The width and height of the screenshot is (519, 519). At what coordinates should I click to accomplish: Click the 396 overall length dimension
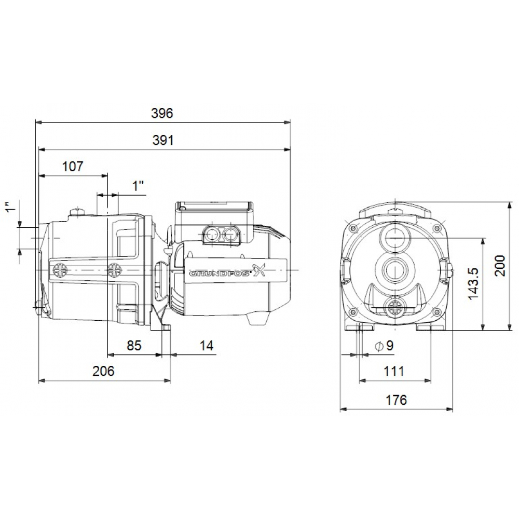coord(162,113)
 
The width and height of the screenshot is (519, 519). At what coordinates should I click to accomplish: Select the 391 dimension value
coord(162,140)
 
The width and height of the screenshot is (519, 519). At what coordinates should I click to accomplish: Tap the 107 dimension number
coord(73,167)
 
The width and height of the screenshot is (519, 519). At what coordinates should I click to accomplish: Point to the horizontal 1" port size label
coord(138,186)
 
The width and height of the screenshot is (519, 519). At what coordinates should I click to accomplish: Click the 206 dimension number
coord(103,371)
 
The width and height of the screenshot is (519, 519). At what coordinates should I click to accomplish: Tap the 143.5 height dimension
coord(473,284)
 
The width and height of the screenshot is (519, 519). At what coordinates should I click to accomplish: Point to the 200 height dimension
coord(499,265)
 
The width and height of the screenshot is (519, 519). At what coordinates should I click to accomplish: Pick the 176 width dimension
coord(396,400)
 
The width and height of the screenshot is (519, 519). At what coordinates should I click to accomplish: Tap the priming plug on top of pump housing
coord(78,211)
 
